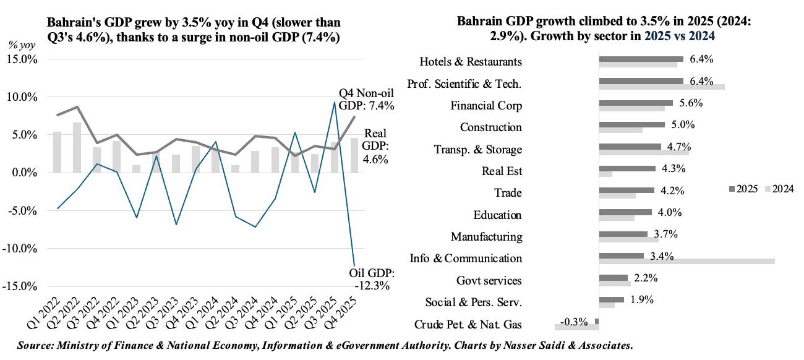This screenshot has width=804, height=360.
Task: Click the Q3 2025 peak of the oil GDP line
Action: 335,103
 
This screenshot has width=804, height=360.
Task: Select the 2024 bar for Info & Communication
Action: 686,262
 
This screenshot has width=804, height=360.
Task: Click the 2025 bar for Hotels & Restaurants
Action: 641,59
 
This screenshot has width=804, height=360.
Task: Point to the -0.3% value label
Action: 573,322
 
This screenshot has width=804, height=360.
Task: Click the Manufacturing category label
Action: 486,237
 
